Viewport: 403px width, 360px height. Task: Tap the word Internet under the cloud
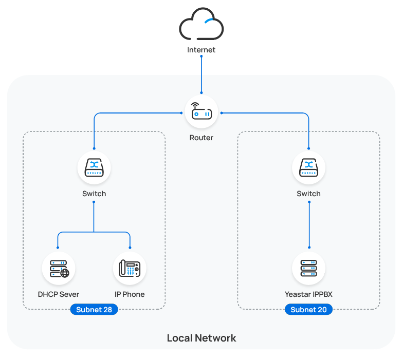(201, 50)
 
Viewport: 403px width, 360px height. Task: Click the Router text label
(201, 138)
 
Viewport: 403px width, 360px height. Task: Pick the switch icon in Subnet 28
(94, 168)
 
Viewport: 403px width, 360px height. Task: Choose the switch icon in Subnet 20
(308, 168)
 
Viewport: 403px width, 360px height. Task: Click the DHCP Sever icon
(59, 269)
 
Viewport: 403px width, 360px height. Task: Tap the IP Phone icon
(130, 269)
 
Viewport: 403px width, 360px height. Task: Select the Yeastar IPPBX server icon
(308, 269)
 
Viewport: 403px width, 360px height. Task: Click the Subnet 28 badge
(94, 310)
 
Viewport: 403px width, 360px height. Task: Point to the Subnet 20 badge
(308, 310)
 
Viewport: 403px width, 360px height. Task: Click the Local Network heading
(201, 338)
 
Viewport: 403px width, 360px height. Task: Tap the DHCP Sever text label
(59, 295)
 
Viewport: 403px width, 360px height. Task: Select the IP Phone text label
(130, 295)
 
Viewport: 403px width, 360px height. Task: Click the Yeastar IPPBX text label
(308, 295)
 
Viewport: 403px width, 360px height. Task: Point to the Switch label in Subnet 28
(94, 194)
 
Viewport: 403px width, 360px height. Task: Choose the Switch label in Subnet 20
(308, 194)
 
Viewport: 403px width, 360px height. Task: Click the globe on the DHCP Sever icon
(65, 273)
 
